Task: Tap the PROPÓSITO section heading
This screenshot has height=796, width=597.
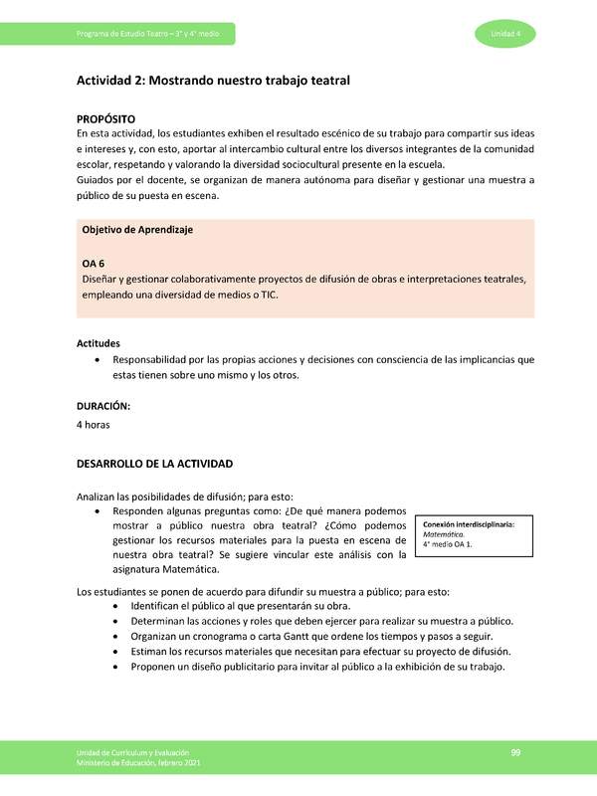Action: click(x=106, y=118)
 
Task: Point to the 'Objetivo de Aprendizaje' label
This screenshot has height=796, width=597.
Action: click(x=137, y=230)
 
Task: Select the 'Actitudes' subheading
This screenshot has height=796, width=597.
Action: click(x=99, y=343)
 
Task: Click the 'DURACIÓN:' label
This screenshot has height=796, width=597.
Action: click(x=103, y=406)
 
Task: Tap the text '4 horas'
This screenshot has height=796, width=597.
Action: click(x=94, y=425)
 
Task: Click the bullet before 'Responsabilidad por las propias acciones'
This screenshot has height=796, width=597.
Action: click(x=96, y=359)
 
